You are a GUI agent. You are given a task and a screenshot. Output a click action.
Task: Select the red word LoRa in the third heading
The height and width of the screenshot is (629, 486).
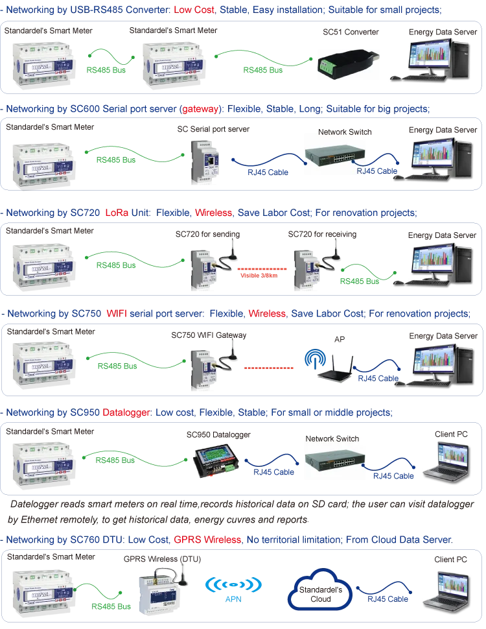(x=114, y=212)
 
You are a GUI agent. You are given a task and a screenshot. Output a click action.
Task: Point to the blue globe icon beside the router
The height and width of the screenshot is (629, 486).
(x=314, y=361)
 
